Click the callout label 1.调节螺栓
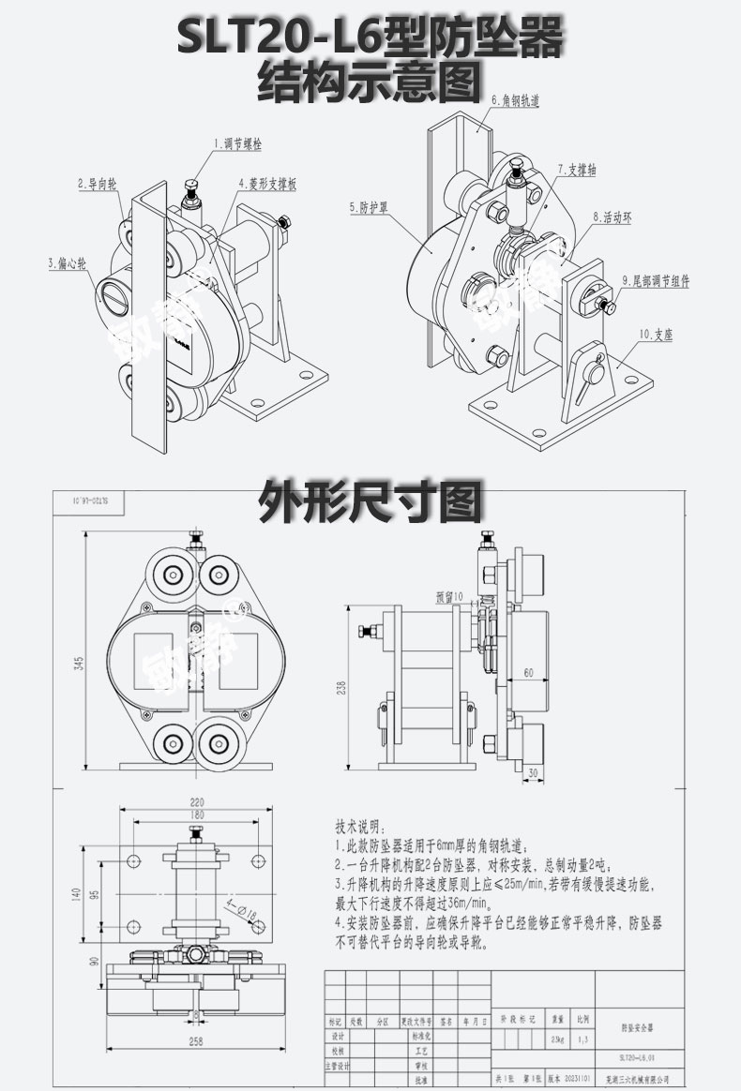(240, 145)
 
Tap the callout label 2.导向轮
(97, 186)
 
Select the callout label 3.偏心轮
(66, 263)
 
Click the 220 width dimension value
(196, 801)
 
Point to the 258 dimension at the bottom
(196, 1040)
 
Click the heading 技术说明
(359, 827)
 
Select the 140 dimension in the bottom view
(76, 894)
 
